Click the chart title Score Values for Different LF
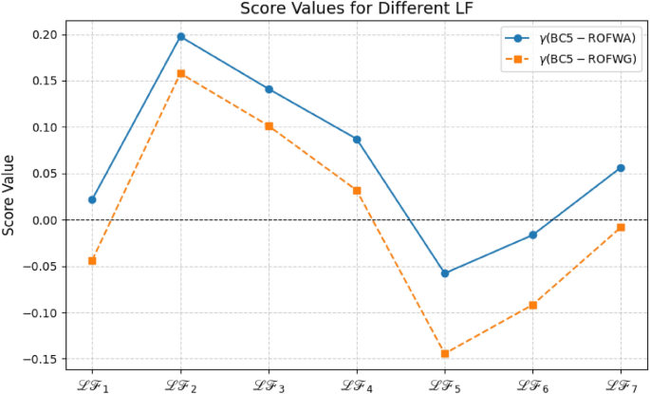[x=356, y=9]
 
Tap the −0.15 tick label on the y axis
[x=41, y=359]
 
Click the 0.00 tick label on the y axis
[x=44, y=220]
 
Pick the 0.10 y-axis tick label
[x=44, y=127]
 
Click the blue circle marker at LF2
[x=180, y=36]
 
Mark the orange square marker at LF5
[x=445, y=354]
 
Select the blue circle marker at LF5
[x=445, y=273]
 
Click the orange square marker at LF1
[x=92, y=260]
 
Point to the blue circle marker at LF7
[x=621, y=168]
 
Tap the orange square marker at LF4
[x=357, y=190]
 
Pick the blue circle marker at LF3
[x=269, y=89]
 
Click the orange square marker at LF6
[x=533, y=305]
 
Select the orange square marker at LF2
[x=180, y=73]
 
